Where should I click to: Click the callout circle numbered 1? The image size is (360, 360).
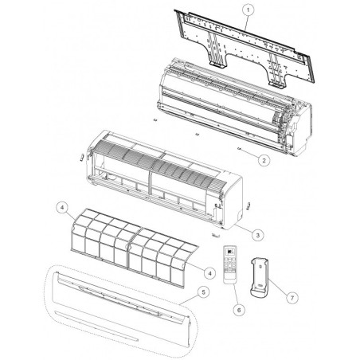click(248, 10)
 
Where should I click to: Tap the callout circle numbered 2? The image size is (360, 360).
click(264, 160)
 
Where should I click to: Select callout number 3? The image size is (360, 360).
click(258, 235)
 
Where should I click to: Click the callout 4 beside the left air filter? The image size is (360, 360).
click(62, 208)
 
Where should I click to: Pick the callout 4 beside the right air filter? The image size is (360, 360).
click(209, 273)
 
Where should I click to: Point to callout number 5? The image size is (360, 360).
click(203, 292)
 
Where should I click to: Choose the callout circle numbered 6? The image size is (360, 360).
click(239, 310)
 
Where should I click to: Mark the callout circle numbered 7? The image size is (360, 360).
click(292, 298)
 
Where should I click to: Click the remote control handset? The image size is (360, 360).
click(230, 265)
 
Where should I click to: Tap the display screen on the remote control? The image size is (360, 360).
click(230, 251)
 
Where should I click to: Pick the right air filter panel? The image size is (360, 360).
click(162, 257)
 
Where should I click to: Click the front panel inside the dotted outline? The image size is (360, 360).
click(121, 309)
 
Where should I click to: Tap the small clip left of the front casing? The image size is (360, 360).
click(82, 157)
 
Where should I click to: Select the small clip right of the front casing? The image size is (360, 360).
click(248, 205)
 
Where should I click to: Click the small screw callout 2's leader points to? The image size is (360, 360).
click(239, 149)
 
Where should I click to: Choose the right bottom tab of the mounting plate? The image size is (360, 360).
click(277, 85)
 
